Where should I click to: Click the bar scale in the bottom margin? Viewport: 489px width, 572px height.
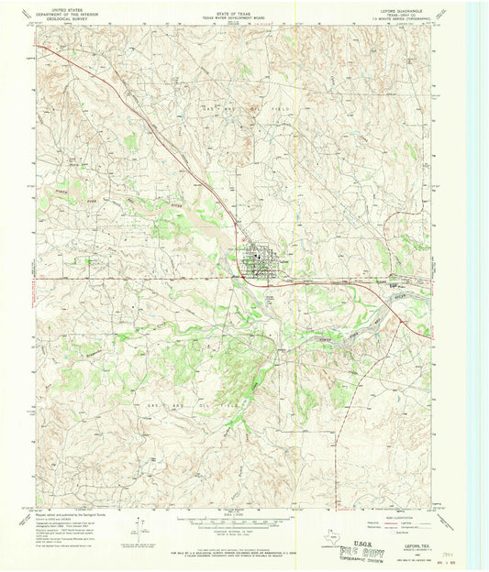(x=242, y=523)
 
